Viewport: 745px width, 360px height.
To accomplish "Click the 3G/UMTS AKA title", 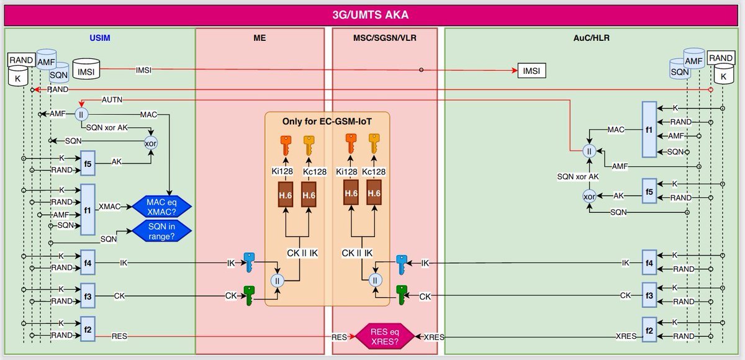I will [x=372, y=14].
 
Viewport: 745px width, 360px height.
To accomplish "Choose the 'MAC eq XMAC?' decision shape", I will [x=161, y=205].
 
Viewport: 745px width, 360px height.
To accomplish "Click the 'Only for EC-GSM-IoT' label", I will [x=327, y=121].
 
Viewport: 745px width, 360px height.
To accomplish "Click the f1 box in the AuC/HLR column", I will [x=649, y=130].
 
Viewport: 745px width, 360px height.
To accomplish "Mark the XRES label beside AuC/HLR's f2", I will [x=625, y=336].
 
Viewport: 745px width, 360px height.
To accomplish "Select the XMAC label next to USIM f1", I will [x=110, y=205].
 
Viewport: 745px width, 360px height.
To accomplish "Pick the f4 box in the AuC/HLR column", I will [x=649, y=263].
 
